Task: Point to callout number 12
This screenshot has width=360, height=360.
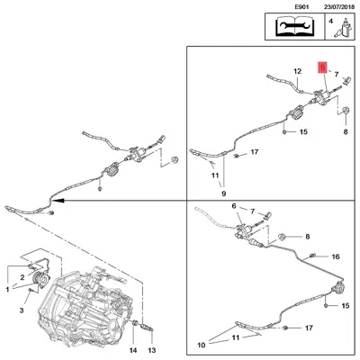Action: (297, 70)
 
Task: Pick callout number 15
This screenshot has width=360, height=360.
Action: (302, 132)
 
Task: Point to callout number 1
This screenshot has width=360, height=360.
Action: (7, 289)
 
